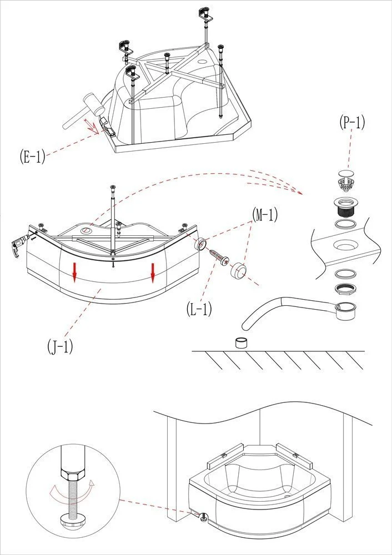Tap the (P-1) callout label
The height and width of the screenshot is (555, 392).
point(351,123)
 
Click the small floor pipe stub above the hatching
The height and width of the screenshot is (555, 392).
point(242,342)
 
